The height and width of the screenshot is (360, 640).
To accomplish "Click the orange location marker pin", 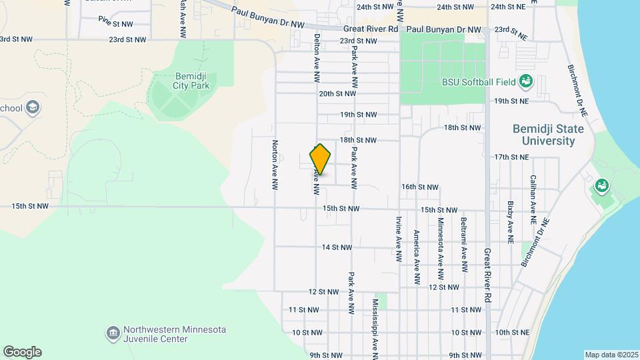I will coord(321,159).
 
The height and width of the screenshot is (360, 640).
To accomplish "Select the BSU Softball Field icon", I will coord(526,81).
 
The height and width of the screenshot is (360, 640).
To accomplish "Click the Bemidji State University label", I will coord(543,135).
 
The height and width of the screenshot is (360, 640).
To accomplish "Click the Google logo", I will coord(22,352).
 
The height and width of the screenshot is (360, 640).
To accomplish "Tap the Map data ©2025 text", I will coord(610,355).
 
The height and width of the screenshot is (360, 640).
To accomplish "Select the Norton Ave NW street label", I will coord(274,164).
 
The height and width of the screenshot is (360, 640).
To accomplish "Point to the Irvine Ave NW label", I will coord(399,237).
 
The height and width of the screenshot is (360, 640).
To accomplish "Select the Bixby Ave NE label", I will coord(510,221).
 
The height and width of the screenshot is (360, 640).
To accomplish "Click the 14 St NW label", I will coord(337,247).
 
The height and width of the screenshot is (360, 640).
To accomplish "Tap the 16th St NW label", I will coord(420,187).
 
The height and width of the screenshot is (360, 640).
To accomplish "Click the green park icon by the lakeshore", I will coord(602,185).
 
